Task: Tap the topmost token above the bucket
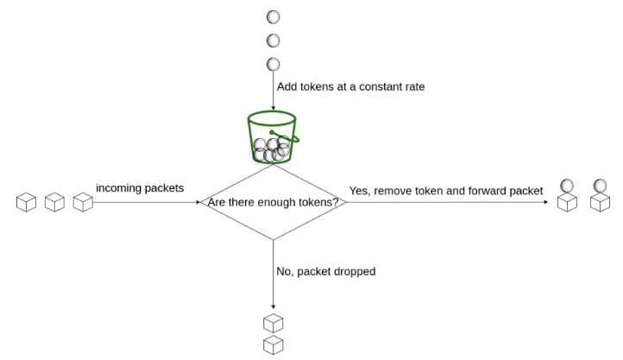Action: [273, 17]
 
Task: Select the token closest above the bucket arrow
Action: [273, 64]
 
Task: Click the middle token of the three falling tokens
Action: [273, 41]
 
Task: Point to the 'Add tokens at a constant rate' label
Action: [350, 86]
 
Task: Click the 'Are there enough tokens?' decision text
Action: [273, 202]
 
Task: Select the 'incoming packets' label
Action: [140, 188]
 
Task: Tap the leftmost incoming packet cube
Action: [26, 202]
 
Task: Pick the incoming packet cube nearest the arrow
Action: [83, 202]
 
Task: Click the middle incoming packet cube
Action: [55, 202]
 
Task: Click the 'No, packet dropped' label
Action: [326, 271]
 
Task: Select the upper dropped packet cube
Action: [274, 323]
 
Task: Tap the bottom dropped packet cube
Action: [274, 344]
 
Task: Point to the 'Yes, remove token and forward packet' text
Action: [446, 191]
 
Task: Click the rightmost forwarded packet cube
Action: [600, 202]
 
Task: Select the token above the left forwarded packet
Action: [567, 186]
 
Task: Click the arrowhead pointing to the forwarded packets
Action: [546, 202]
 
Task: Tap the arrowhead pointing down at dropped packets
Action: [273, 306]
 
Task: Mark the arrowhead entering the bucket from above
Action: [273, 108]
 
